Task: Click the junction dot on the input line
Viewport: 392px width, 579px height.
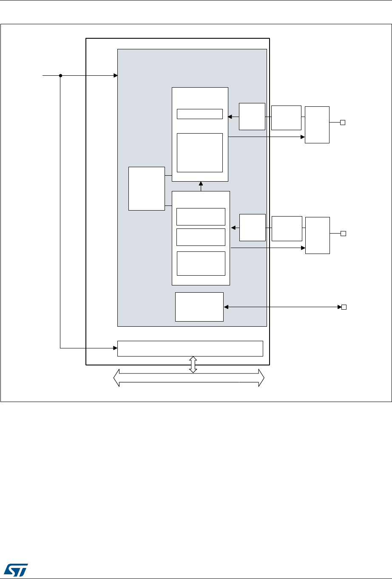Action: (60, 76)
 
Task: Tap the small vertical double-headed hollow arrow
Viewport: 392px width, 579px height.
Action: (193, 365)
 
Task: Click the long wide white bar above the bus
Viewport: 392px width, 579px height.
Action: (190, 348)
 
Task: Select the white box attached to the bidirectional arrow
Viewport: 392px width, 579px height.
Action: (199, 307)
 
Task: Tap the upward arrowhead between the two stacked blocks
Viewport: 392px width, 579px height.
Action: (201, 184)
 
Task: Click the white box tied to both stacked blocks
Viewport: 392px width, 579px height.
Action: (147, 188)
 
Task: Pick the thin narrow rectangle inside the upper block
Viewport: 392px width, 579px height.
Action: (199, 114)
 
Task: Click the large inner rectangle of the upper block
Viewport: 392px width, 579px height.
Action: (199, 152)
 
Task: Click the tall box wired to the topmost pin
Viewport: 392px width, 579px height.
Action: (317, 125)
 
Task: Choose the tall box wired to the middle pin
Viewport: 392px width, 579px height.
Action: (317, 235)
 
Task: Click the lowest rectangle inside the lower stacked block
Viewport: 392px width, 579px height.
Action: (201, 263)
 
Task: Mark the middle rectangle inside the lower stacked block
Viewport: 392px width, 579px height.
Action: (201, 237)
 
